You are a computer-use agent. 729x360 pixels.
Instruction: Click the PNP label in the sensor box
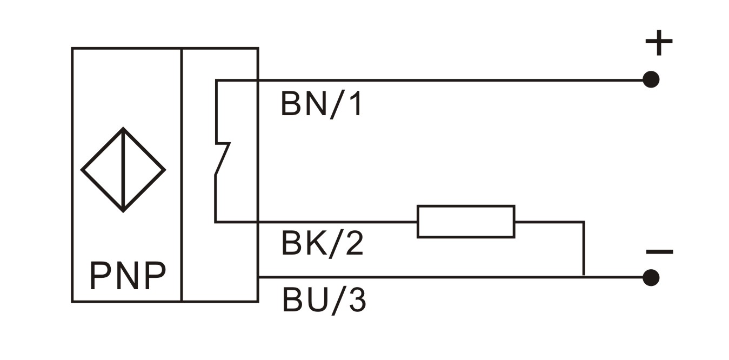coord(128,277)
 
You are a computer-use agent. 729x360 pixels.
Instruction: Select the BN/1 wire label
coord(322,104)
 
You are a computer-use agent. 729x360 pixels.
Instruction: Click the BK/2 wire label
coord(323,244)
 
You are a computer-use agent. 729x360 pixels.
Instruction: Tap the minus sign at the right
coord(659,252)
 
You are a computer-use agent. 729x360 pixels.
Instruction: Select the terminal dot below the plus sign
coord(651,80)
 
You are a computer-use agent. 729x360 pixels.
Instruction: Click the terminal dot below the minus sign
coord(651,277)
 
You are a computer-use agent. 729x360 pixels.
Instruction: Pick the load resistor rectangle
coord(466,222)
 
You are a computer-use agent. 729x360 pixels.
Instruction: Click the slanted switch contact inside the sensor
coord(223,159)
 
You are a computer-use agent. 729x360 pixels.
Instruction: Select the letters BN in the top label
coord(299,104)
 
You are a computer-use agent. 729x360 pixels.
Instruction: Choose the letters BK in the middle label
coord(299,244)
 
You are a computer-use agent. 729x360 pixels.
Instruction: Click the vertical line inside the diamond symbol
coord(123,170)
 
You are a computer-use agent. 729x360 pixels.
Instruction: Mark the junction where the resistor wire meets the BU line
coord(584,277)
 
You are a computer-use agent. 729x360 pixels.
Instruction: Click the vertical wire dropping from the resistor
coord(584,249)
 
